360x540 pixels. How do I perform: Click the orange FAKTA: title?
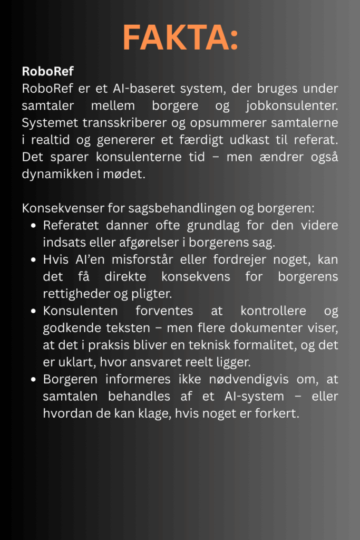pyautogui.click(x=180, y=37)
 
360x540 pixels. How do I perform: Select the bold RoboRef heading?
pyautogui.click(x=48, y=71)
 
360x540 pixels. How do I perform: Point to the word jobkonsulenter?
pyautogui.click(x=291, y=105)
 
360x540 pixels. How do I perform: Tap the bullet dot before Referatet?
pyautogui.click(x=33, y=226)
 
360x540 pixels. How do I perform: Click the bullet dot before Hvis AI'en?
pyautogui.click(x=33, y=260)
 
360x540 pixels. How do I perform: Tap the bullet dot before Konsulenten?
pyautogui.click(x=33, y=312)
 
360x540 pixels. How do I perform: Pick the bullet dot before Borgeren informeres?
pyautogui.click(x=33, y=380)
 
